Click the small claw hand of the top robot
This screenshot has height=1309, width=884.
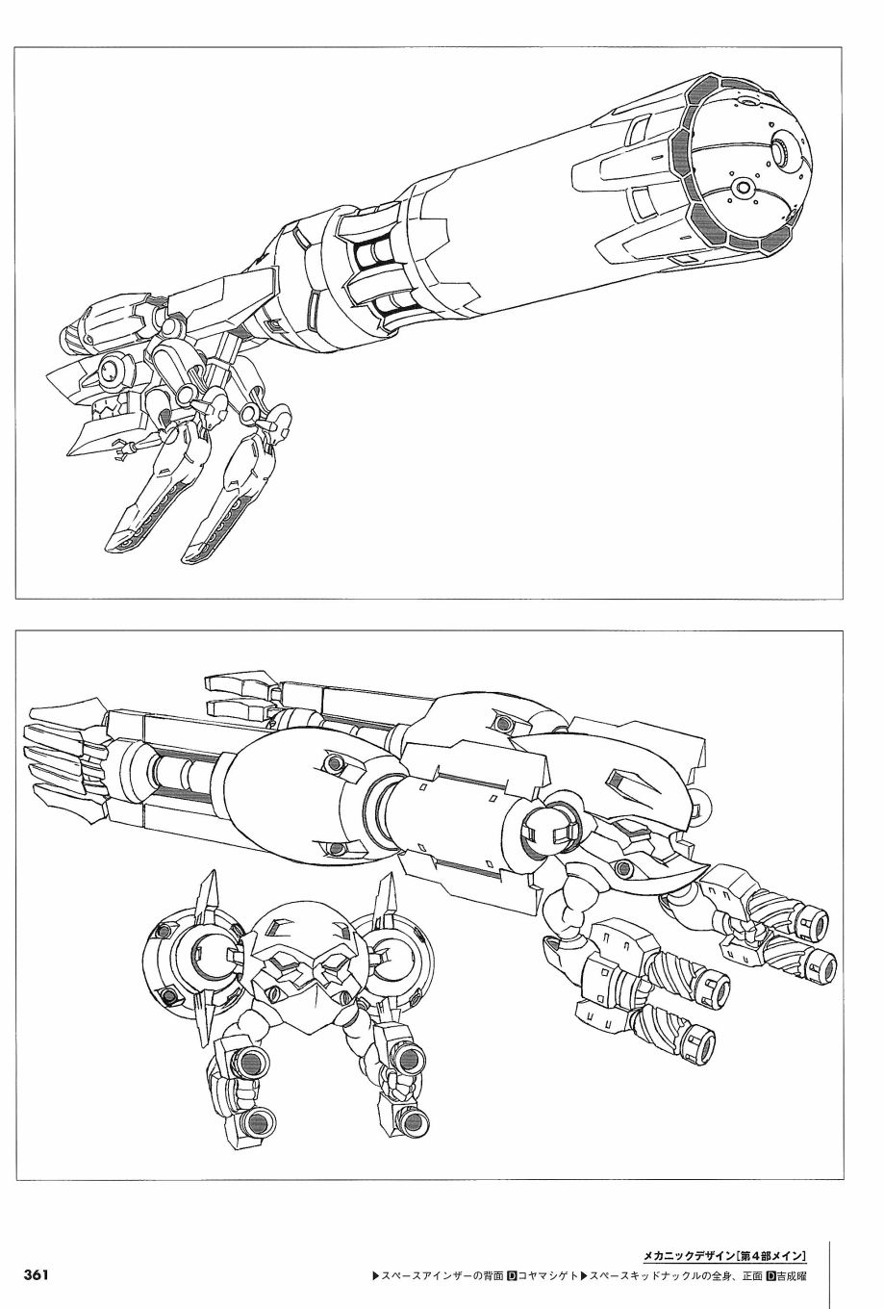click(122, 449)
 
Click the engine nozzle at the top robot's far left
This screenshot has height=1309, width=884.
click(77, 336)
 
